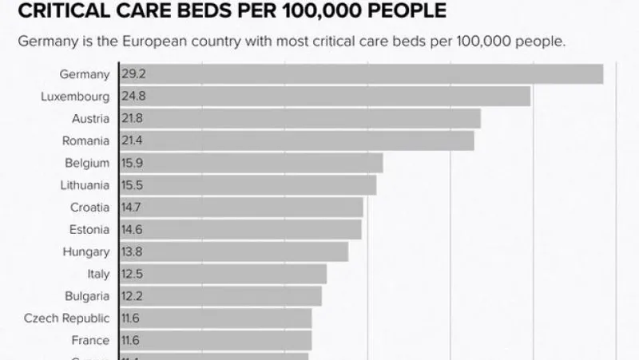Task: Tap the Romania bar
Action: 296,140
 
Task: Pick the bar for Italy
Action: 223,275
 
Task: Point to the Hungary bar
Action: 233,252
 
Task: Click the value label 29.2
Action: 133,74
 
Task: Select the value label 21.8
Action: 133,119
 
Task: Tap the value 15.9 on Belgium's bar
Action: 133,164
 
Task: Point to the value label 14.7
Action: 133,208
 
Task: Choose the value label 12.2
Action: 133,296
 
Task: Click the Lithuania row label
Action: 85,185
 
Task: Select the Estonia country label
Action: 89,230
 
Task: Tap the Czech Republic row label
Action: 67,318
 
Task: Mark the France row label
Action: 90,341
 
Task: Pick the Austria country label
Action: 90,119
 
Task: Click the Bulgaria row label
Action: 88,296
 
